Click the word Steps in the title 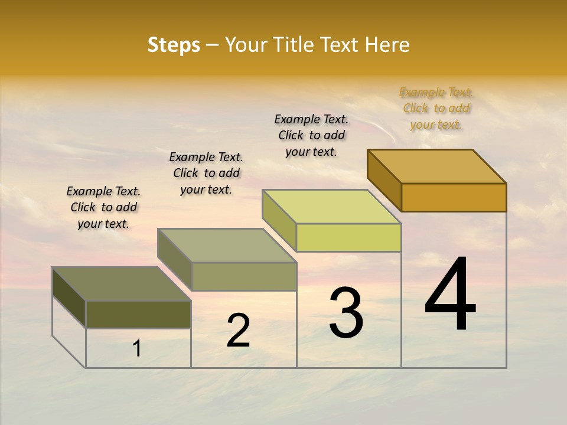[x=174, y=45]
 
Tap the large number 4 [x=450, y=295]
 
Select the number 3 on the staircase [x=346, y=313]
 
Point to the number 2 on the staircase [x=238, y=331]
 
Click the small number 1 [x=137, y=348]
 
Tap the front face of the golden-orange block [x=454, y=197]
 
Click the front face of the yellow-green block [x=348, y=237]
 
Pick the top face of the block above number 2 [x=227, y=246]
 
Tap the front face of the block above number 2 [x=244, y=276]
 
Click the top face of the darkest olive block [x=122, y=284]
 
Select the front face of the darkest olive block [x=138, y=314]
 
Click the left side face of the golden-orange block [x=384, y=180]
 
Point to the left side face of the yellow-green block [x=279, y=220]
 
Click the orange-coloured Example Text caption [x=436, y=108]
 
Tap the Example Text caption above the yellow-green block [x=311, y=135]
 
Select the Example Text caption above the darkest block [x=103, y=207]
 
